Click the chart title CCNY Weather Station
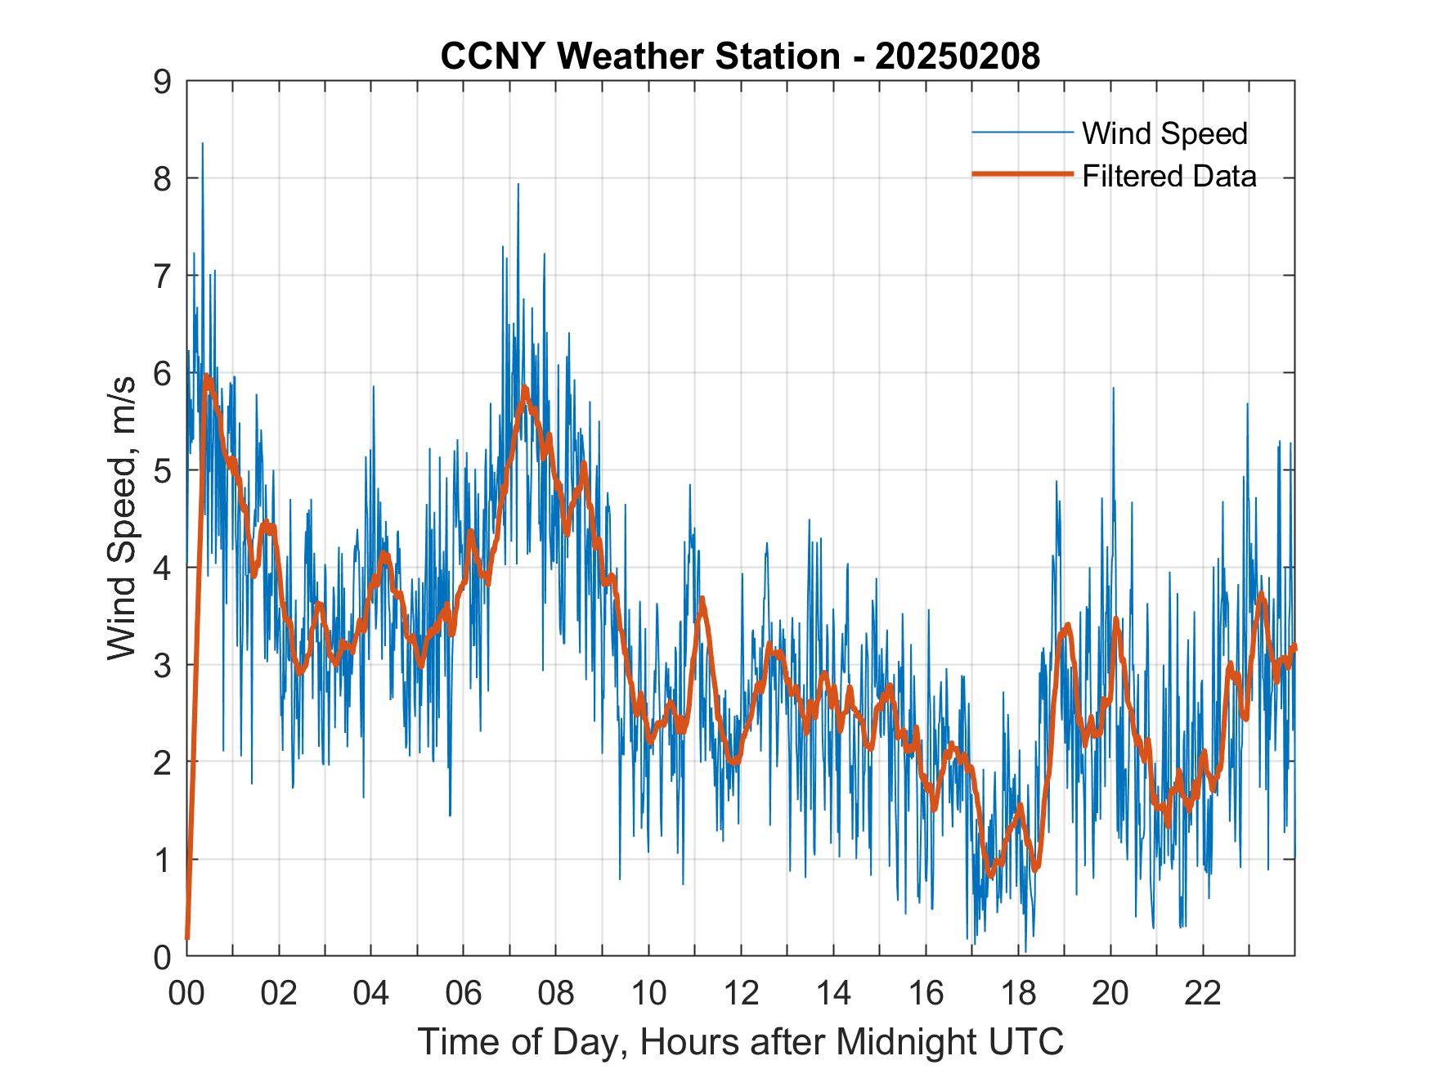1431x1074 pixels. (x=639, y=56)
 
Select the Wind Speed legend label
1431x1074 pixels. (x=1164, y=133)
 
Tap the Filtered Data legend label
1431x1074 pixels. (x=1169, y=176)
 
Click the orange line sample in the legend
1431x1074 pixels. (x=1022, y=174)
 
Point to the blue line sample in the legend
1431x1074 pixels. (x=1022, y=133)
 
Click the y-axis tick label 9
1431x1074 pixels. (x=164, y=81)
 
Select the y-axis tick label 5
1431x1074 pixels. (x=164, y=470)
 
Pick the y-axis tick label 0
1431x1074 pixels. (x=164, y=956)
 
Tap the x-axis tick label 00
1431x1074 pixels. (x=186, y=994)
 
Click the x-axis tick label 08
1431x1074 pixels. (x=556, y=994)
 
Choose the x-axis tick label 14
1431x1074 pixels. (x=833, y=994)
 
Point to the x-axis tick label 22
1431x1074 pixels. (x=1203, y=994)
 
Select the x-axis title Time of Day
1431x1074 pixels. (x=740, y=1042)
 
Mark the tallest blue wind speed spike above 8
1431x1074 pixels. (x=202, y=145)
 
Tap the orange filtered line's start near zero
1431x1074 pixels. (x=187, y=937)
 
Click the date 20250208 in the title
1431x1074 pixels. (x=957, y=56)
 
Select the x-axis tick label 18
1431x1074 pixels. (x=1018, y=994)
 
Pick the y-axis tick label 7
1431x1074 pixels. (x=164, y=276)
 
